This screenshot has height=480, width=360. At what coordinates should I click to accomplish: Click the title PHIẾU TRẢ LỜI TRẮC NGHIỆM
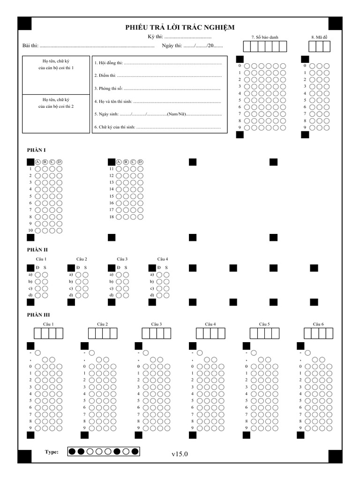[x=180, y=28]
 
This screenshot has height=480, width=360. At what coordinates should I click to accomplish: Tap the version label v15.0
[x=180, y=454]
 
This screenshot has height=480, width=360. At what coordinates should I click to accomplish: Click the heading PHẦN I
[x=36, y=150]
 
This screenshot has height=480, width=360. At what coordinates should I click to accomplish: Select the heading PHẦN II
[x=37, y=250]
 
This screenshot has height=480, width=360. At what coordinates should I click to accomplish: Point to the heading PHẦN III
[x=38, y=315]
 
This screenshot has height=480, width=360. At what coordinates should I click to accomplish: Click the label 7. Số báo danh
[x=264, y=37]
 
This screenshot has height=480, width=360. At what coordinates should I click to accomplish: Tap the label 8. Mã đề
[x=319, y=37]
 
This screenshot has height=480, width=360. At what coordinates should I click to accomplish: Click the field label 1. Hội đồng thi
[x=108, y=62]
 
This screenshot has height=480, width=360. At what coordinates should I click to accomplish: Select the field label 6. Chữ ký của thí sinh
[x=115, y=127]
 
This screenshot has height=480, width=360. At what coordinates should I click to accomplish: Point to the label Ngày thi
[x=172, y=45]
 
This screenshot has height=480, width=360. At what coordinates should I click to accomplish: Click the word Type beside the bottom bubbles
[x=52, y=452]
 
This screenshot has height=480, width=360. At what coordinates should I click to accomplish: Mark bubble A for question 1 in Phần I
[x=38, y=169]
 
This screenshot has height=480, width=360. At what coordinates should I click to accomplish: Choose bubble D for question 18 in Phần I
[x=140, y=217]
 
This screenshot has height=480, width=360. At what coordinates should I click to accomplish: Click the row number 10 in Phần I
[x=30, y=231]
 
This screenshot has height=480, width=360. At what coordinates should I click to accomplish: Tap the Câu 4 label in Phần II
[x=163, y=259]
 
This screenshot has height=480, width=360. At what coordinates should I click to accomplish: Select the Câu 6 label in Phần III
[x=318, y=324]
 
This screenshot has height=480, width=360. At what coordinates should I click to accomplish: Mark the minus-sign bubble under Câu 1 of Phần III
[x=38, y=352]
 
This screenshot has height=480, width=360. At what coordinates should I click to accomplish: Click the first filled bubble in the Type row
[x=72, y=452]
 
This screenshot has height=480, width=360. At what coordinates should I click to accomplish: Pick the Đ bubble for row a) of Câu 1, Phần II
[x=38, y=275]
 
